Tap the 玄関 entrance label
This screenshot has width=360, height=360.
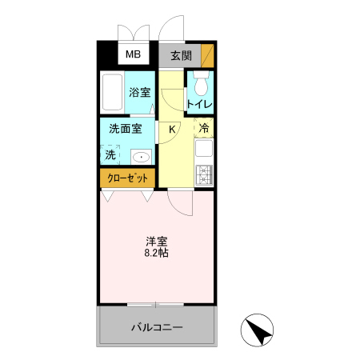(x=180, y=56)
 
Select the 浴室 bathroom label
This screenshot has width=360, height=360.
(x=141, y=92)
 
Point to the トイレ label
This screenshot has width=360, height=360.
(x=199, y=104)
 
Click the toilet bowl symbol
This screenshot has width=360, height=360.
(x=200, y=82)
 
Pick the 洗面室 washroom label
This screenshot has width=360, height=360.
(x=126, y=128)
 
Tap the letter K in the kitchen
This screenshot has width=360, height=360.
(x=172, y=128)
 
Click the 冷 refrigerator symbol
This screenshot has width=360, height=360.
(x=204, y=128)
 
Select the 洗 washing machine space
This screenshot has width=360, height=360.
(x=109, y=154)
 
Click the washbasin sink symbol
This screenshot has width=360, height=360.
(x=142, y=156)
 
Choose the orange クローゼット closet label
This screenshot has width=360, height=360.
(x=127, y=177)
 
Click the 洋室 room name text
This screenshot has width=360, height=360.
(x=156, y=241)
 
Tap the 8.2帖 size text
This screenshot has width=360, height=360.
(x=156, y=253)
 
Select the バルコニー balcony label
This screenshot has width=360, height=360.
(x=157, y=328)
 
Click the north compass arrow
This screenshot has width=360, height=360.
(x=258, y=330)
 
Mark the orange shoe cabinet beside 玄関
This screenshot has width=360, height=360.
(x=207, y=56)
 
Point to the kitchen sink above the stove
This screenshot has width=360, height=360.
(x=203, y=149)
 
